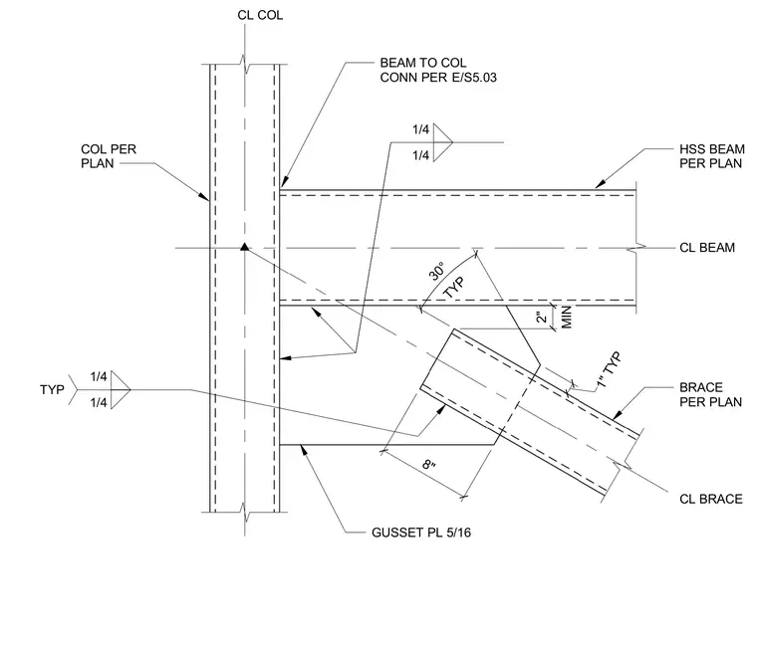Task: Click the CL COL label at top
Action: coord(260,16)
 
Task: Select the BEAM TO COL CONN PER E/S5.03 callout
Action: coord(438,70)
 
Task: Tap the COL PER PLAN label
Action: coord(109,156)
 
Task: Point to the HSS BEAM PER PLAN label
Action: coord(711,156)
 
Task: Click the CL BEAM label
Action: coord(707,248)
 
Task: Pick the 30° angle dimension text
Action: coord(437,271)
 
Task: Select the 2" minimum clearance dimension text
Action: coord(543,317)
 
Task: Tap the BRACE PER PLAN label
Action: coord(710,395)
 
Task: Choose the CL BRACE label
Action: coord(710,499)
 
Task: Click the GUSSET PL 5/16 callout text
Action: coord(421,533)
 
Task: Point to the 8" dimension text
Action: coord(428,465)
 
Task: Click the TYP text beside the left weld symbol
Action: coord(52,389)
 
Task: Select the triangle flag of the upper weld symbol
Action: coord(442,142)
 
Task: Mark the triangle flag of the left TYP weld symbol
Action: coord(121,390)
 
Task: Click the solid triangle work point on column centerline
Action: coord(245,247)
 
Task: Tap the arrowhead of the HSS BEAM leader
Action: coord(600,184)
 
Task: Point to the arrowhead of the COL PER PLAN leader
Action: coord(203,195)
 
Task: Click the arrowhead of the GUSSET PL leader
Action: coord(304,449)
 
